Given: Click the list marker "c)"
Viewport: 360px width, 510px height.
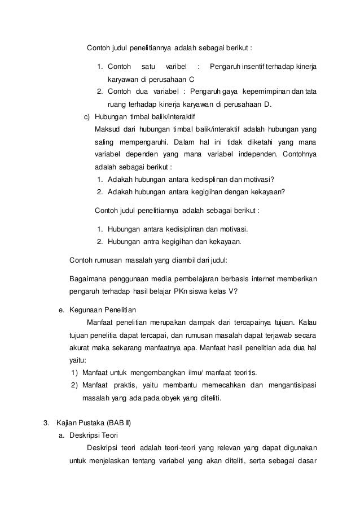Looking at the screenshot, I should (x=87, y=116).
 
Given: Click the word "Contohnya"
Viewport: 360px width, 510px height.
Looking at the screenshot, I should (x=297, y=154).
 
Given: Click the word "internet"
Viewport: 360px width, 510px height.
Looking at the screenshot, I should (x=270, y=280).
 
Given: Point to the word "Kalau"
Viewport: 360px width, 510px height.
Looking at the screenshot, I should (x=308, y=323).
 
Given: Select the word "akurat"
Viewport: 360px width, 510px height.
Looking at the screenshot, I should (x=78, y=348).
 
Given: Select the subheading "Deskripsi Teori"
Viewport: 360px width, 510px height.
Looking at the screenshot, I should (x=93, y=435).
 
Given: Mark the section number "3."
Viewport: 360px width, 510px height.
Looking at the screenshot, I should (x=48, y=423).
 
